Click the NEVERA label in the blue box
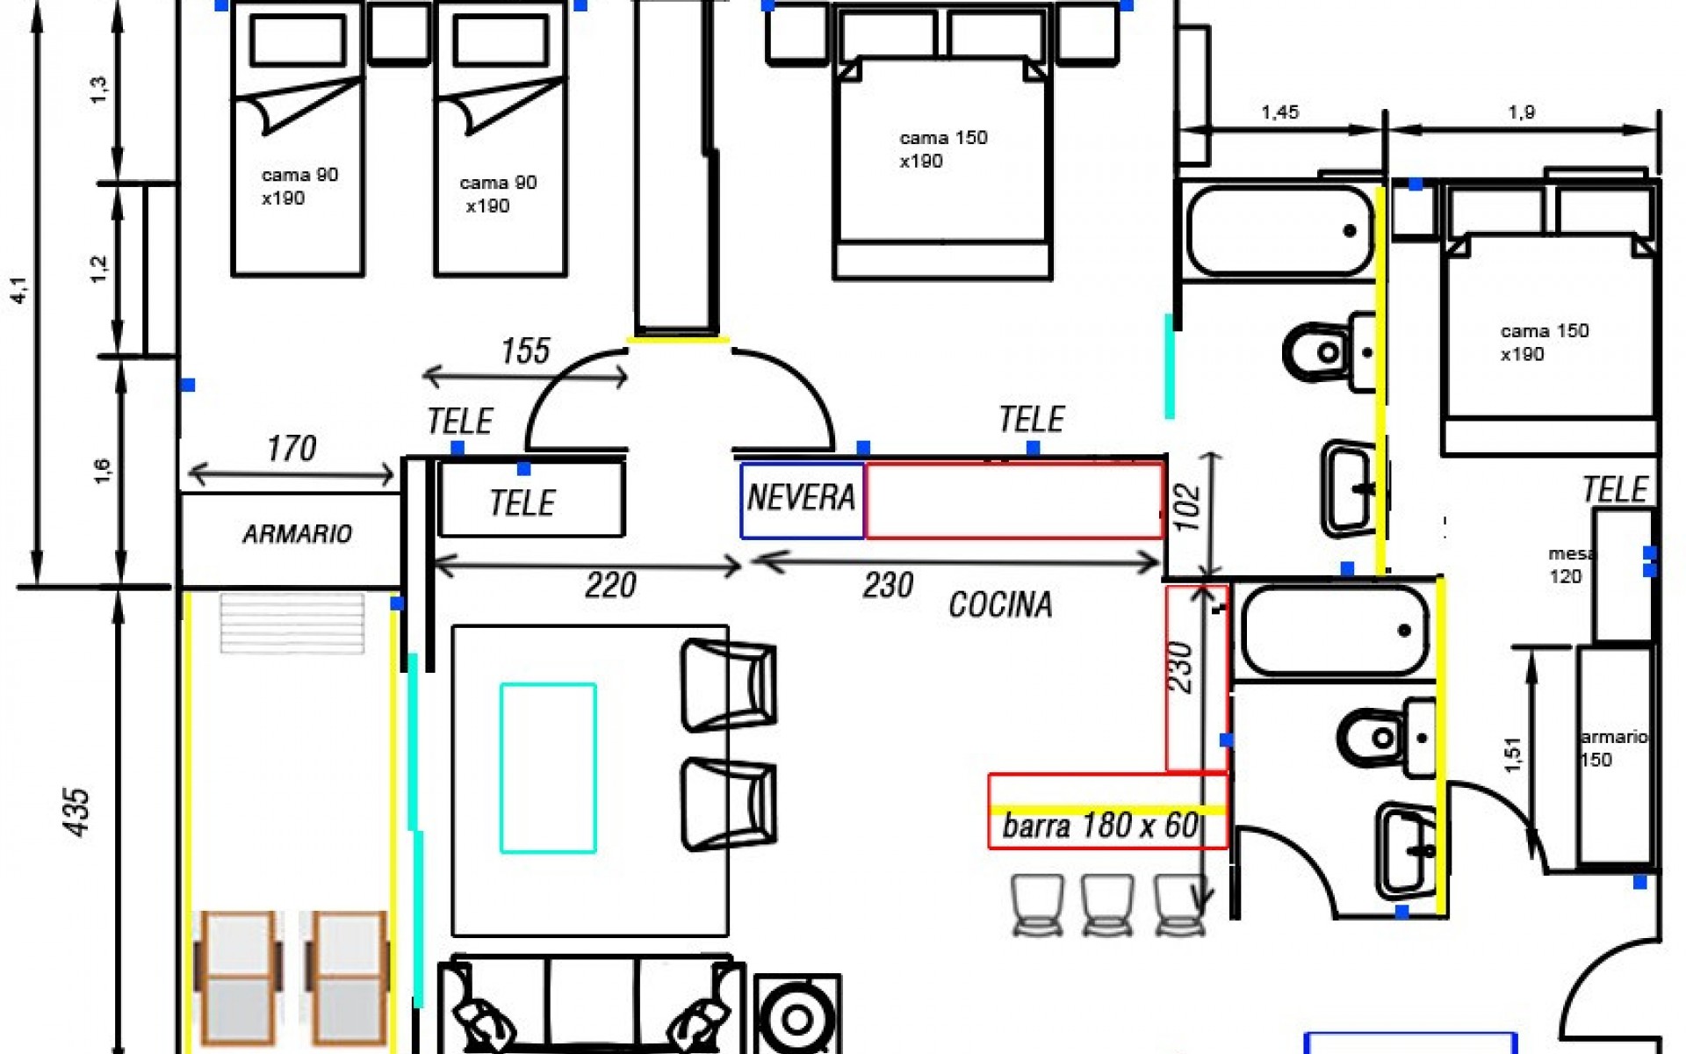[x=801, y=498]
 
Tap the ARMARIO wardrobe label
[x=298, y=534]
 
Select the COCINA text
[x=1000, y=604]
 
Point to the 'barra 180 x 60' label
[x=1100, y=826]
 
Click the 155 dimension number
[x=525, y=351]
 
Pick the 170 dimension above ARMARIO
[x=292, y=449]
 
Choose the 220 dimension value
[x=610, y=585]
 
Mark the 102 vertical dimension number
[x=1187, y=507]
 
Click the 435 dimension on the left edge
[x=77, y=812]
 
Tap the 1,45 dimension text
[x=1279, y=112]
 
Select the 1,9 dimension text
[x=1521, y=112]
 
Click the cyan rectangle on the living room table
[x=549, y=769]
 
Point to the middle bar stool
[x=1107, y=904]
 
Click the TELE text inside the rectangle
[x=522, y=503]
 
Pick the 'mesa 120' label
[x=1571, y=566]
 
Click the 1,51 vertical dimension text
[x=1512, y=754]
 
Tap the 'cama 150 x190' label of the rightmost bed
[x=1545, y=343]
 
